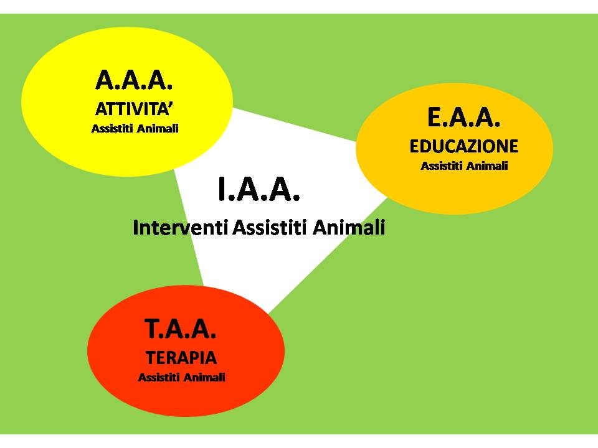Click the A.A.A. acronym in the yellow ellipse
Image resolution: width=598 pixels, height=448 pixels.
coord(134,80)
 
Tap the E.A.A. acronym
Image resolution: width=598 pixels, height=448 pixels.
coord(463,117)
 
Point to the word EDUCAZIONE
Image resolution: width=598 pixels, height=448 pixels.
coord(463,146)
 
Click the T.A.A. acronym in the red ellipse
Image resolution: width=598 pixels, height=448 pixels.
coord(180,329)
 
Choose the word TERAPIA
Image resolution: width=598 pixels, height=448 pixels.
coord(181,358)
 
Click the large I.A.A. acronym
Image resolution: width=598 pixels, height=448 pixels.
coord(259,189)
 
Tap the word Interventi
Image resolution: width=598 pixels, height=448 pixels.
coord(181,228)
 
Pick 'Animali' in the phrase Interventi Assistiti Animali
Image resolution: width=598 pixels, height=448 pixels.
coord(349,228)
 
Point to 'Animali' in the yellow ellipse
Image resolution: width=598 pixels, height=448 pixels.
coord(158,129)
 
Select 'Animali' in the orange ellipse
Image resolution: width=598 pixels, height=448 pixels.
coord(487,166)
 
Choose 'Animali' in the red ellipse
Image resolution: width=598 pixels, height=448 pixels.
coord(204,378)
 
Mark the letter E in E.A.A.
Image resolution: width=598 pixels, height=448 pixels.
coord(434,117)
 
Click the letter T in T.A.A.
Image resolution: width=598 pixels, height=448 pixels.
coord(152,329)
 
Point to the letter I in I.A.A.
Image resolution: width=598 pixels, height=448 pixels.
coord(222,189)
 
